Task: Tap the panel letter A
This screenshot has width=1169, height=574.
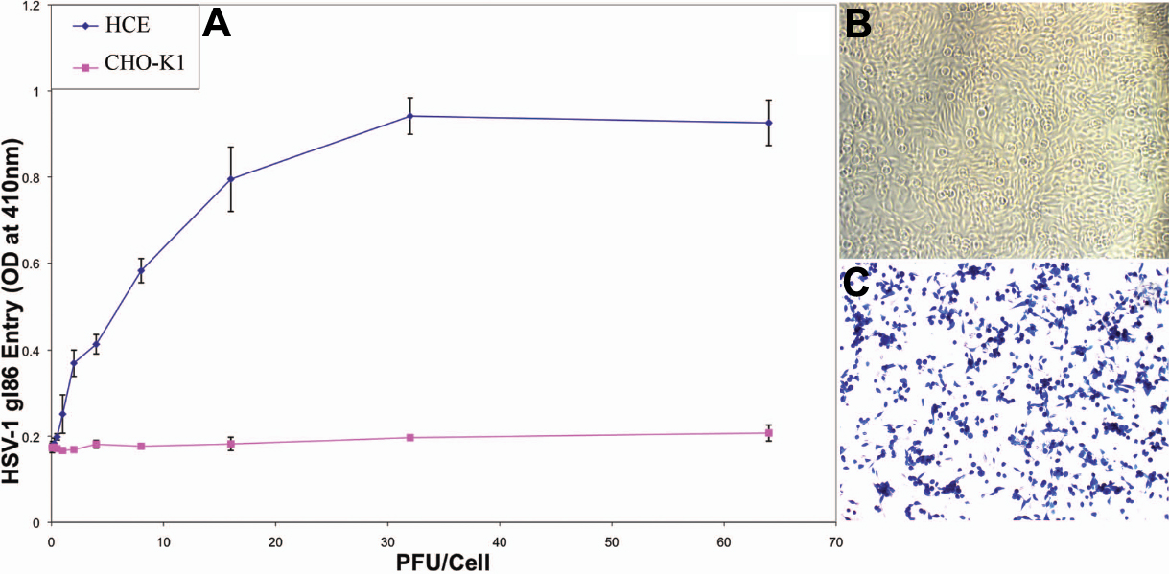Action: [x=217, y=25]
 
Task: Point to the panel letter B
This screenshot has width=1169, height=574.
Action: [x=858, y=24]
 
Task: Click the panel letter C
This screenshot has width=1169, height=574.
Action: [x=856, y=281]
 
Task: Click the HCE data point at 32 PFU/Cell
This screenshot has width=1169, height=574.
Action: [x=410, y=116]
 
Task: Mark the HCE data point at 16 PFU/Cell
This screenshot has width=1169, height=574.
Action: [x=231, y=179]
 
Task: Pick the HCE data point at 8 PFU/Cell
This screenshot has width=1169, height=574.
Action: [x=141, y=270]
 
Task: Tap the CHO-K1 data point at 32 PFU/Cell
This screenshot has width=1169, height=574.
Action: [x=410, y=437]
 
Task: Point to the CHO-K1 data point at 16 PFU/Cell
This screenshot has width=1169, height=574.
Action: [x=231, y=444]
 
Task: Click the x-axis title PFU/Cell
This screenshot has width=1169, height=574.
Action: [x=444, y=562]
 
